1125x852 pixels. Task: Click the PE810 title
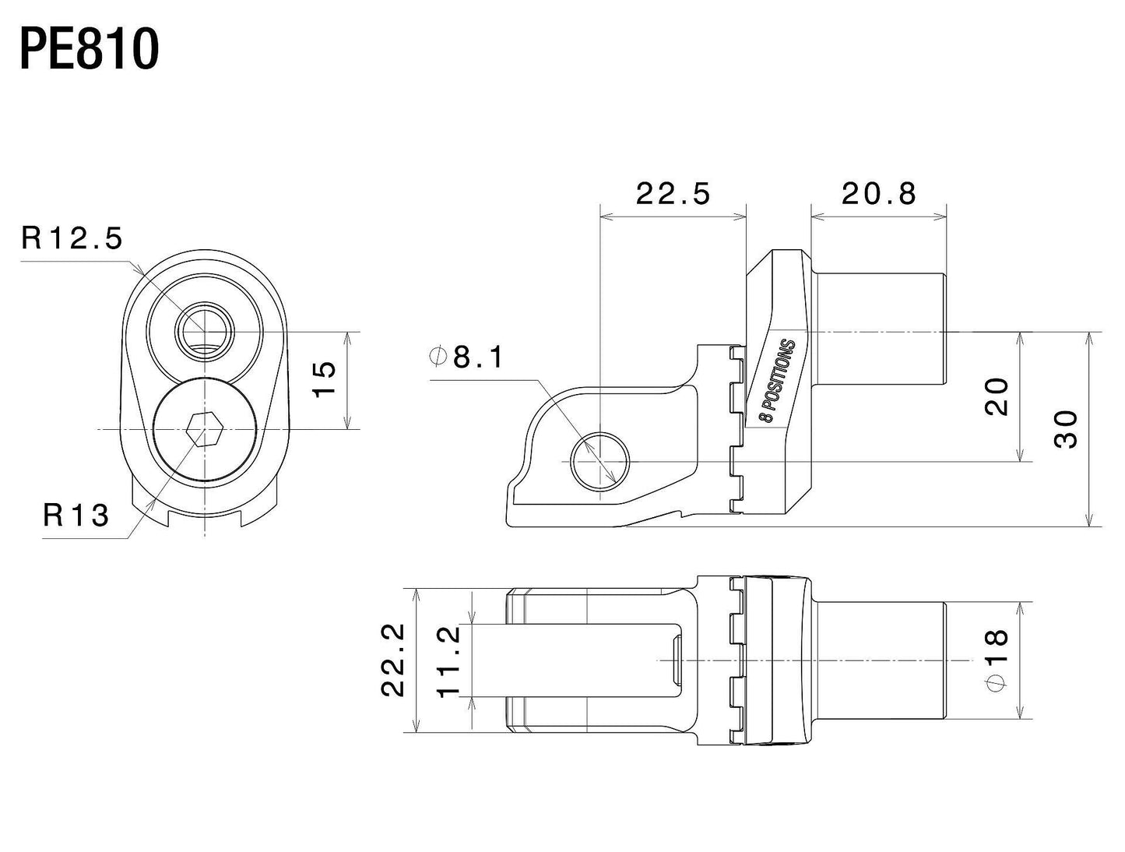[90, 50]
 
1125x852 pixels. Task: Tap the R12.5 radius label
[72, 238]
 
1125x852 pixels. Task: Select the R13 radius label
[76, 516]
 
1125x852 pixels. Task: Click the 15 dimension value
[324, 379]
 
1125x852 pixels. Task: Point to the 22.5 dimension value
[673, 194]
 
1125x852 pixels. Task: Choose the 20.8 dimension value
[878, 194]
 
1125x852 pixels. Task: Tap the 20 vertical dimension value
[996, 396]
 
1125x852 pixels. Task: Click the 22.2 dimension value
[393, 660]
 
